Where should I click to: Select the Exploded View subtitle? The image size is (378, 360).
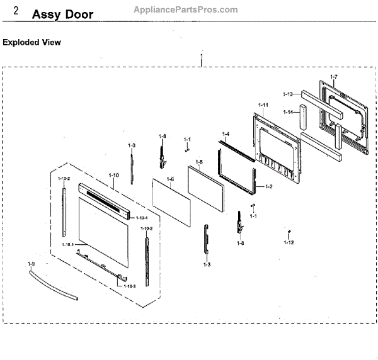31,43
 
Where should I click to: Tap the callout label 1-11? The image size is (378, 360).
263,104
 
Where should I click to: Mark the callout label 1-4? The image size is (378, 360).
226,134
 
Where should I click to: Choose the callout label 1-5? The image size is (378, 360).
198,162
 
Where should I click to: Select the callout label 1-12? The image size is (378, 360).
289,242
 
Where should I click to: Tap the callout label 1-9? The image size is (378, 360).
31,263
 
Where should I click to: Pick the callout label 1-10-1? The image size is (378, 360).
68,244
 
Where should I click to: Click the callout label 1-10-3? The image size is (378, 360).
129,286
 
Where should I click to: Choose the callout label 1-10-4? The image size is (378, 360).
141,217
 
